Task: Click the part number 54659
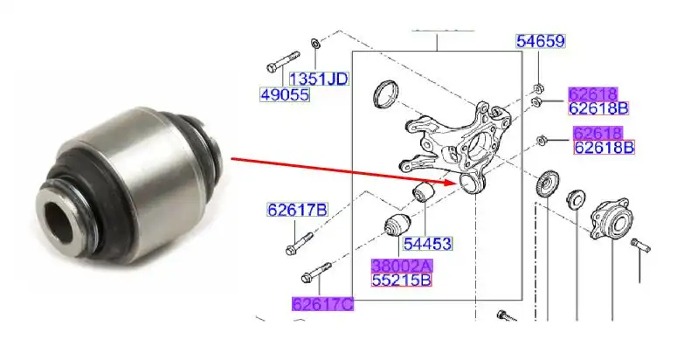pyautogui.click(x=540, y=41)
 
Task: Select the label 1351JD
pyautogui.click(x=318, y=79)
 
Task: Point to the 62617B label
pyautogui.click(x=297, y=210)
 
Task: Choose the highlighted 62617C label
pyautogui.click(x=322, y=303)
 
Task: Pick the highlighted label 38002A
pyautogui.click(x=401, y=265)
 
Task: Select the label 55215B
pyautogui.click(x=401, y=280)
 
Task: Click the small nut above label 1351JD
pyautogui.click(x=315, y=43)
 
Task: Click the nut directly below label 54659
pyautogui.click(x=539, y=87)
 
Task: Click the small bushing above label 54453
pyautogui.click(x=424, y=190)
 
